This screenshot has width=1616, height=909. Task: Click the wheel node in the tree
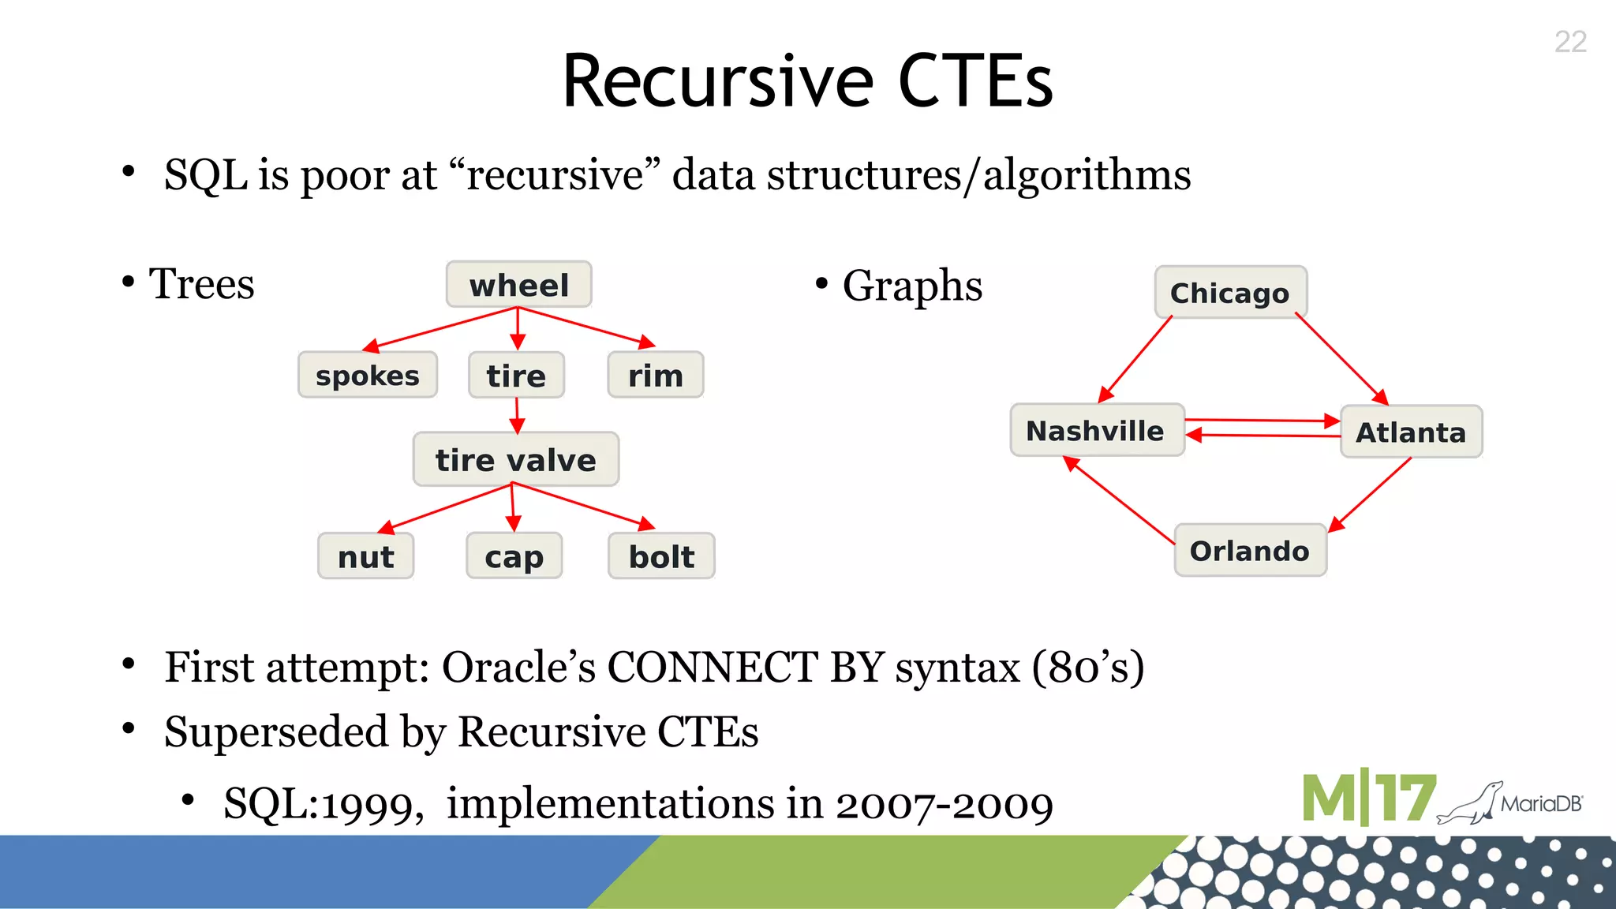[x=518, y=285]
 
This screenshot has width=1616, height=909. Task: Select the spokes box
[x=367, y=376]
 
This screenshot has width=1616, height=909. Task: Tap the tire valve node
[x=515, y=459]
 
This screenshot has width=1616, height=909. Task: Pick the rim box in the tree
[x=655, y=376]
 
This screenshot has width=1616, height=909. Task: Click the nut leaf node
[x=365, y=556]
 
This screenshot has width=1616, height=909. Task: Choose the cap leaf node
[x=514, y=556]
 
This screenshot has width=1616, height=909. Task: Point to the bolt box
[x=661, y=556]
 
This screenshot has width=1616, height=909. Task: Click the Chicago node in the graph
[x=1229, y=293]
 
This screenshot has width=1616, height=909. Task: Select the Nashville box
[x=1096, y=431]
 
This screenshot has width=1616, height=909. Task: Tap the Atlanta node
[x=1411, y=432]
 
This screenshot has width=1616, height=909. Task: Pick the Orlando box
[x=1250, y=551]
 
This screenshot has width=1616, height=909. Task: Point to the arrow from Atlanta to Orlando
[x=1370, y=495]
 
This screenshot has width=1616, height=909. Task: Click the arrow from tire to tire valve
[x=517, y=415]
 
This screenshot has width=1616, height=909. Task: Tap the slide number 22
[x=1570, y=42]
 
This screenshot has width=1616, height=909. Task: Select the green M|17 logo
[x=1368, y=799]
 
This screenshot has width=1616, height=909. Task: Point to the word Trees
[x=201, y=284]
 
